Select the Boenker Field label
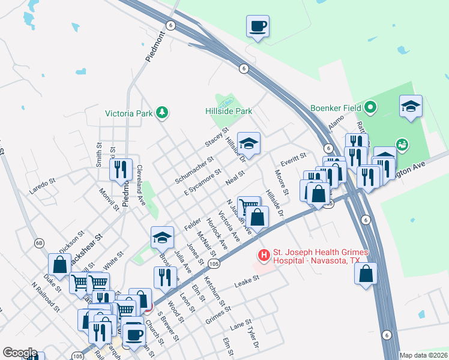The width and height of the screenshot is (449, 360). [x=336, y=108]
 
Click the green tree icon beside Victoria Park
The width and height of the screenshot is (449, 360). [x=161, y=112]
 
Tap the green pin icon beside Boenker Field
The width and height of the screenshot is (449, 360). [x=371, y=108]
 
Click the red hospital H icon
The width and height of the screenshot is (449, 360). [x=263, y=256]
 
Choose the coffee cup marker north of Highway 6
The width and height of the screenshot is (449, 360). [x=258, y=26]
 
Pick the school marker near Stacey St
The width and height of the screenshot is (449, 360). [x=249, y=143]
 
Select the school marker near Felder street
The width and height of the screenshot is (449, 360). [x=162, y=238]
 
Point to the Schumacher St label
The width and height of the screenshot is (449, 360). [x=194, y=171]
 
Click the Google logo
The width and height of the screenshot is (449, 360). [x=20, y=353]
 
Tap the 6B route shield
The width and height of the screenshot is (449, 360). [x=39, y=243]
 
